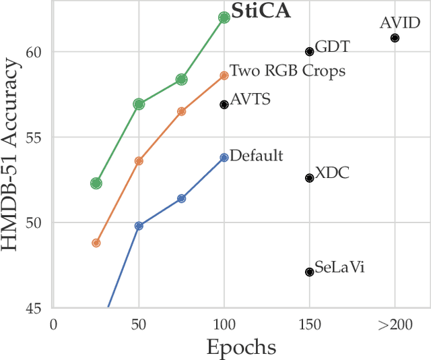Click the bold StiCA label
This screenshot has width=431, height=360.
(x=261, y=11)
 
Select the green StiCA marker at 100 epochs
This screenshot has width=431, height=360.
(x=224, y=18)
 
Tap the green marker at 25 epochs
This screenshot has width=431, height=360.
(x=96, y=183)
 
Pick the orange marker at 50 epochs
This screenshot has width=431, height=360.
(x=139, y=161)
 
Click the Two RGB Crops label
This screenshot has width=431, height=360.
(x=288, y=71)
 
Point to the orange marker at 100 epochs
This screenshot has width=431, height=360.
(x=224, y=76)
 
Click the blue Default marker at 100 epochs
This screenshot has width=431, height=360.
(x=224, y=157)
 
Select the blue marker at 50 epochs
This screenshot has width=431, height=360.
(x=139, y=226)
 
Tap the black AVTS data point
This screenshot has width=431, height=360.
(x=224, y=104)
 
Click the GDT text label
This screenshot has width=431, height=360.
(x=332, y=47)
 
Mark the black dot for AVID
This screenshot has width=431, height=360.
(x=395, y=38)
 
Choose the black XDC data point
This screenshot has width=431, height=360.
(x=309, y=178)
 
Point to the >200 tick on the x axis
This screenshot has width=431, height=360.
(x=395, y=325)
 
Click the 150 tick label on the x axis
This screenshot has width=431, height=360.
(x=309, y=325)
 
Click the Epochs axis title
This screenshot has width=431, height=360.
(x=240, y=347)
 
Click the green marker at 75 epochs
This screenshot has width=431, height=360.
(x=181, y=80)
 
